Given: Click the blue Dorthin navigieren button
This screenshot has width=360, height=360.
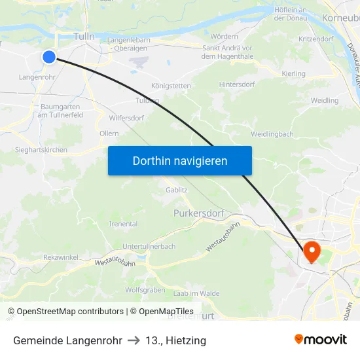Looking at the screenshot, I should pos(179,160).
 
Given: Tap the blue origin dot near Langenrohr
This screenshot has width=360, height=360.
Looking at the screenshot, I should pos(49,57).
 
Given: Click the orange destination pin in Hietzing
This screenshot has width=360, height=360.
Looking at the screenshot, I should pos(310,251).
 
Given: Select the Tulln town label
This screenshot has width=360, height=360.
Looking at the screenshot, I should pos(84,37).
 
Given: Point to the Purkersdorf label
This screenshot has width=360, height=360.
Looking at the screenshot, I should pos(199,213).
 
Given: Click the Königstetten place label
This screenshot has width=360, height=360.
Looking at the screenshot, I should pos(171,86).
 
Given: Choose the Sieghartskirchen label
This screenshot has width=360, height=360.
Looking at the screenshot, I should pos(41,150).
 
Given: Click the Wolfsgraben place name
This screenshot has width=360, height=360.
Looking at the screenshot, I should pos(145,289).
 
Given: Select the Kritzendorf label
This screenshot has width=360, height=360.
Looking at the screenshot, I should pos(315,39).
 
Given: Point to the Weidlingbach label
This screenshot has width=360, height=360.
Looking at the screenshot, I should pos(272,134).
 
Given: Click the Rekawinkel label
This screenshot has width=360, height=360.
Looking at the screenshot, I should pos(61,257).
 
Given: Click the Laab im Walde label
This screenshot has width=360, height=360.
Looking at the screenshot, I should pos(196,293).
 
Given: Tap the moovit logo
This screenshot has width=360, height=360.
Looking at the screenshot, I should pos(321,339).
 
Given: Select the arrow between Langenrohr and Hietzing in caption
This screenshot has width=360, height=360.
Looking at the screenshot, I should pos(133,340).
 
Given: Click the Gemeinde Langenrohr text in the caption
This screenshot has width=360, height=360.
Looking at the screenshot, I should pos(67,340).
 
